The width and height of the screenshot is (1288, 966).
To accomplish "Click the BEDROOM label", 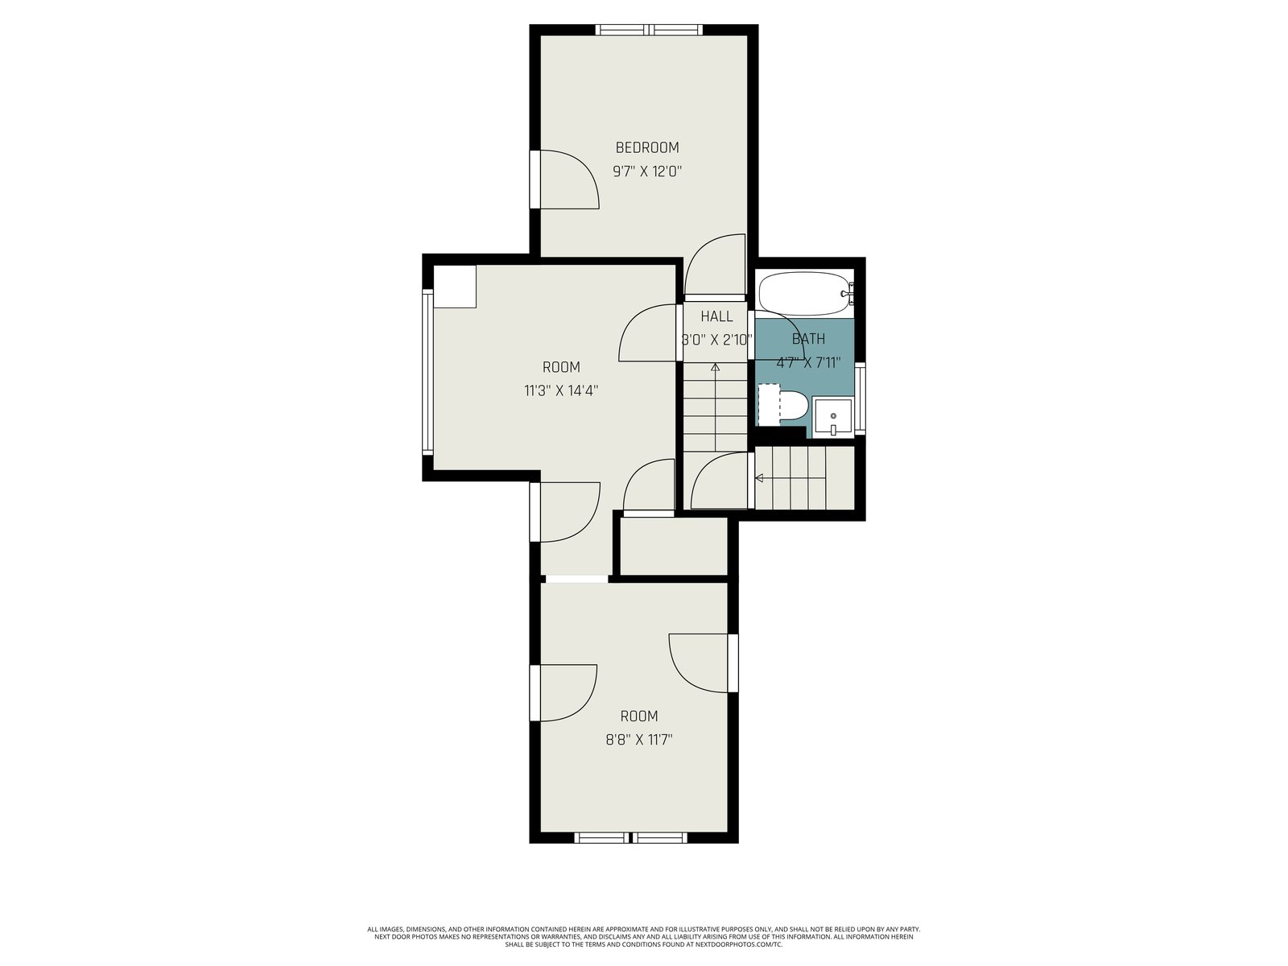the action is point(646,147).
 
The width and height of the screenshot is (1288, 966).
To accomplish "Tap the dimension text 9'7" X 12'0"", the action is point(646,171).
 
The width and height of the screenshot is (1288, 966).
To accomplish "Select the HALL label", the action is point(716,316).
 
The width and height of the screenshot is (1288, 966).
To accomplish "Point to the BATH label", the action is point(808,339).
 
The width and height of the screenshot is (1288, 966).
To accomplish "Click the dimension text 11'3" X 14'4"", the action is point(561,390).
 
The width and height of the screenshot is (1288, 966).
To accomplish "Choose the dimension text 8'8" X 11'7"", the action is point(638,740).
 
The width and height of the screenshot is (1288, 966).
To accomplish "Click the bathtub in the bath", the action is point(806,293).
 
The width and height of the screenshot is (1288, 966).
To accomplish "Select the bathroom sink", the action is point(832,417).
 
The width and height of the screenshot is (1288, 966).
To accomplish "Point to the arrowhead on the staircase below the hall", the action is point(715,367).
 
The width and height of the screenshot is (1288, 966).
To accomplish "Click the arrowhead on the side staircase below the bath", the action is point(759,478).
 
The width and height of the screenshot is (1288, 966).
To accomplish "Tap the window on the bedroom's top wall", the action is point(648,30).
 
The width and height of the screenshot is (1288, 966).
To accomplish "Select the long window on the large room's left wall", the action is point(427,372).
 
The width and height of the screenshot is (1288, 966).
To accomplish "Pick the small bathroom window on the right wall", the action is point(860,398).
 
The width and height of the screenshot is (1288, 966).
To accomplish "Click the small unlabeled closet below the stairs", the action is point(674,546).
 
